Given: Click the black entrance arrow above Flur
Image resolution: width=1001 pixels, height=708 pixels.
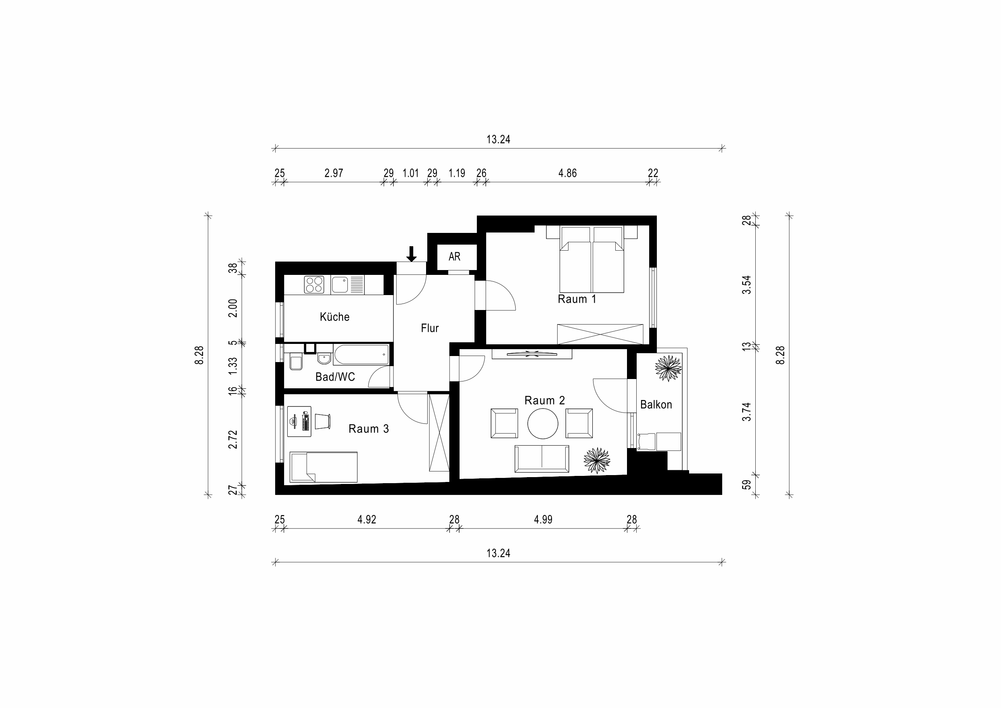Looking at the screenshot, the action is [411, 254].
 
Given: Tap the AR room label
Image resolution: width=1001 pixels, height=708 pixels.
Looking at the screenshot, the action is [454, 256].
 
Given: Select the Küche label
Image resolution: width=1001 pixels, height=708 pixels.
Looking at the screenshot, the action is [334, 316].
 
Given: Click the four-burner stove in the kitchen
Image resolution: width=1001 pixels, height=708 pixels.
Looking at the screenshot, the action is [314, 285].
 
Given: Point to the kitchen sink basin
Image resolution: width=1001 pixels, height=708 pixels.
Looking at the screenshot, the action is [340, 285].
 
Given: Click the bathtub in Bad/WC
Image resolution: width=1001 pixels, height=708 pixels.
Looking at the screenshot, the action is [361, 354].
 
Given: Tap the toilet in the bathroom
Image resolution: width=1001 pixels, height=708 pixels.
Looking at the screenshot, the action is [296, 362].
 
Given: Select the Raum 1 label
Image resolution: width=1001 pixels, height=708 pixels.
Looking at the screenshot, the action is [577, 299].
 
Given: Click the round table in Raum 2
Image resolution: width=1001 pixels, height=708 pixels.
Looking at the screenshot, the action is [543, 423].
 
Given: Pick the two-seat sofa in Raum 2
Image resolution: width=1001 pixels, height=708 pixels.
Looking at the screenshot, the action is [541, 459].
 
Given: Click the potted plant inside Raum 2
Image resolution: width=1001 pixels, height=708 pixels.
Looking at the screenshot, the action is [597, 461].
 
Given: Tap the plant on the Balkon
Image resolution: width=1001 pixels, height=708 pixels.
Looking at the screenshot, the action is [668, 368].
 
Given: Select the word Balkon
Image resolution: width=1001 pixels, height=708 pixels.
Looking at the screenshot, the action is [656, 405].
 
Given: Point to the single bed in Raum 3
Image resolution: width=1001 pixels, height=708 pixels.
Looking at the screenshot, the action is [324, 467].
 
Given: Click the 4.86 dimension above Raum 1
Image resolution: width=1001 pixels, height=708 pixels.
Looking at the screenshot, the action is [567, 173].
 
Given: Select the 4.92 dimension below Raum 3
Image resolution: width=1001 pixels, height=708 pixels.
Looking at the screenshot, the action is [367, 519].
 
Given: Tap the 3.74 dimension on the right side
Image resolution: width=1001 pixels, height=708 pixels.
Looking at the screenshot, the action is [747, 411].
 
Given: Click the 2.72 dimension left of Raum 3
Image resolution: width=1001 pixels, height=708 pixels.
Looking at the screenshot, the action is [233, 439].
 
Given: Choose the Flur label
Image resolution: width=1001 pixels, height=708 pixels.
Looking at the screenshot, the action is [429, 328].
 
